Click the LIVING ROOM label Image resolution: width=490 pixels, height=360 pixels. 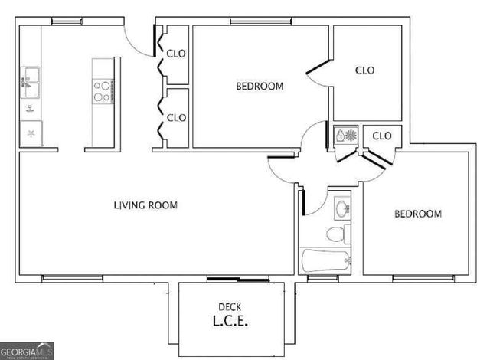145,205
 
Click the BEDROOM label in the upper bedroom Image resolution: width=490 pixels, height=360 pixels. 260,87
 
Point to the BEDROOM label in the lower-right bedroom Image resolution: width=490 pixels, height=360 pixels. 417,214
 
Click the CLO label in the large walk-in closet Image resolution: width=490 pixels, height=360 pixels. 366,70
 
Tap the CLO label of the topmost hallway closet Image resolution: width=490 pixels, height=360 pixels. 177,54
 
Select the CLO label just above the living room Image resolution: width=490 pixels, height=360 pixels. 177,117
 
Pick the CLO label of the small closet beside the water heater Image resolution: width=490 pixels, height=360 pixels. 381,136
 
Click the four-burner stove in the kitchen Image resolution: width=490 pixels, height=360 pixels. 102,92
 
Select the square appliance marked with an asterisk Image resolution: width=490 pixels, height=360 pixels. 31,133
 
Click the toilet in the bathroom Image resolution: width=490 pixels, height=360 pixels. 335,232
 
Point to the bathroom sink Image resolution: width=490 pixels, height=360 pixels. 341,206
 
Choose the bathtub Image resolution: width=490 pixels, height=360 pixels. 326,260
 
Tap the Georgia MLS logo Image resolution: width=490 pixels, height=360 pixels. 28,352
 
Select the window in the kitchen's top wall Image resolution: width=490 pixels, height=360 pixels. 67,21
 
